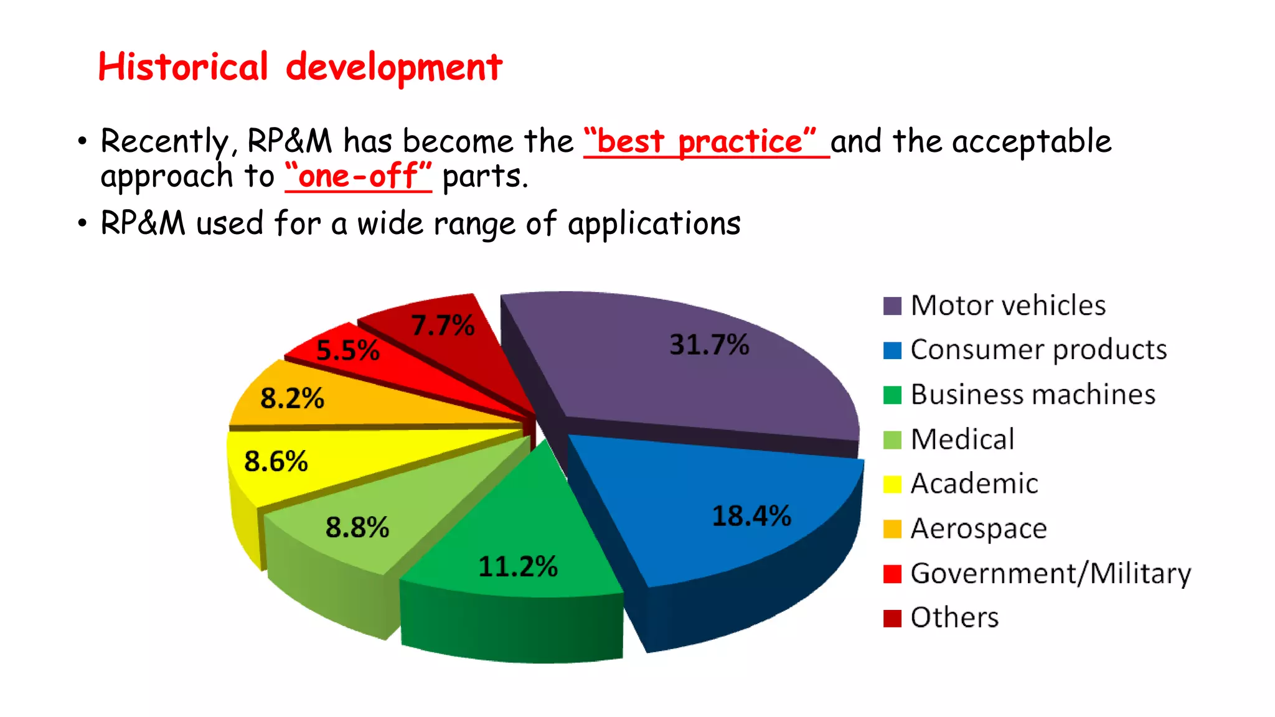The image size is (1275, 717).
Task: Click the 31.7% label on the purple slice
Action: [709, 345]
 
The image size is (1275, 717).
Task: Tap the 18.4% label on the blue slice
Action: [751, 516]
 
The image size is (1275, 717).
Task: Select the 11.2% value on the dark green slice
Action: [518, 566]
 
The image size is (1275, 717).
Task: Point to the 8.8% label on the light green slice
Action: [357, 528]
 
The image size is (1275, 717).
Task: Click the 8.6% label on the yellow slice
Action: [276, 462]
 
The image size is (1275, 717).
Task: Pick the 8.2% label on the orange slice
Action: [292, 398]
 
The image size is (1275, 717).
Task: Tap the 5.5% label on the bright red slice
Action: [347, 351]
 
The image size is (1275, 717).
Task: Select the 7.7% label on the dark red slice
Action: [443, 326]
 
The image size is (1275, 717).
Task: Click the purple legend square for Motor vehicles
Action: [892, 306]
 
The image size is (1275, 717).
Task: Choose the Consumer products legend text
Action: [1038, 350]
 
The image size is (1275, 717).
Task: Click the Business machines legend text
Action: [1033, 395]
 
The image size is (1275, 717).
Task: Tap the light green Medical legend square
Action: [892, 440]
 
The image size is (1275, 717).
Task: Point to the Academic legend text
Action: [974, 484]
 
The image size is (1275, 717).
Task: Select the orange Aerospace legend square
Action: [892, 529]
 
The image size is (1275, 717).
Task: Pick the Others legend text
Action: [954, 617]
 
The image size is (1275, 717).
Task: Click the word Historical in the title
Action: [183, 67]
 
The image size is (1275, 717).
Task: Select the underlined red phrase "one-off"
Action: [358, 176]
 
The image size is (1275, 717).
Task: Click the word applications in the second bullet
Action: [654, 223]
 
